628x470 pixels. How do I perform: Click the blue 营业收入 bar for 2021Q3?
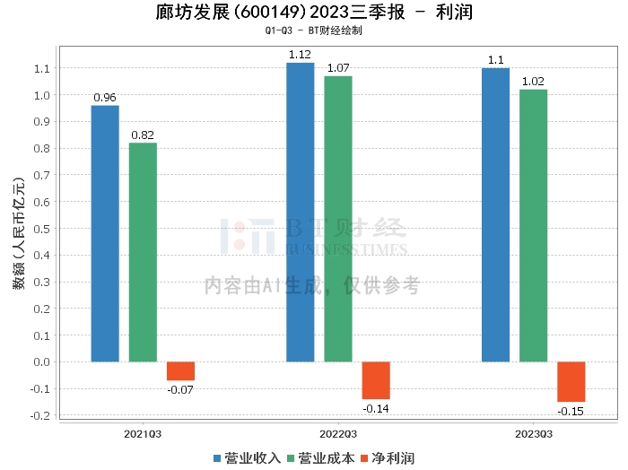pyautogui.click(x=105, y=233)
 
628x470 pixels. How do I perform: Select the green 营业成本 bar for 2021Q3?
pyautogui.click(x=143, y=252)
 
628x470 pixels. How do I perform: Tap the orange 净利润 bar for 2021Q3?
pyautogui.click(x=180, y=371)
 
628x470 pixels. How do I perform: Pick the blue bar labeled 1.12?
pyautogui.click(x=300, y=213)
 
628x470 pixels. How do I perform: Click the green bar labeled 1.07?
pyautogui.click(x=338, y=219)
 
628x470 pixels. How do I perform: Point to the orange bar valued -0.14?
pyautogui.click(x=376, y=380)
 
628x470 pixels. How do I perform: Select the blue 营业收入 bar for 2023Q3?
pyautogui.click(x=495, y=215)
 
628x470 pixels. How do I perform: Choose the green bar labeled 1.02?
pyautogui.click(x=533, y=226)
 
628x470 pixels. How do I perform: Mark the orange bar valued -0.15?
pyautogui.click(x=571, y=382)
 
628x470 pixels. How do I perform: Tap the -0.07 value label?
pyautogui.click(x=180, y=389)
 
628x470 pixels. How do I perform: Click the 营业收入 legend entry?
pyautogui.click(x=248, y=458)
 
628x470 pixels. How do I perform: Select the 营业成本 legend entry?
pyautogui.click(x=320, y=458)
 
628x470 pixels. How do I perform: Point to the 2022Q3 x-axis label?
pyautogui.click(x=337, y=433)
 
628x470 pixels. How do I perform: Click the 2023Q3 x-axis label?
pyautogui.click(x=533, y=433)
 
